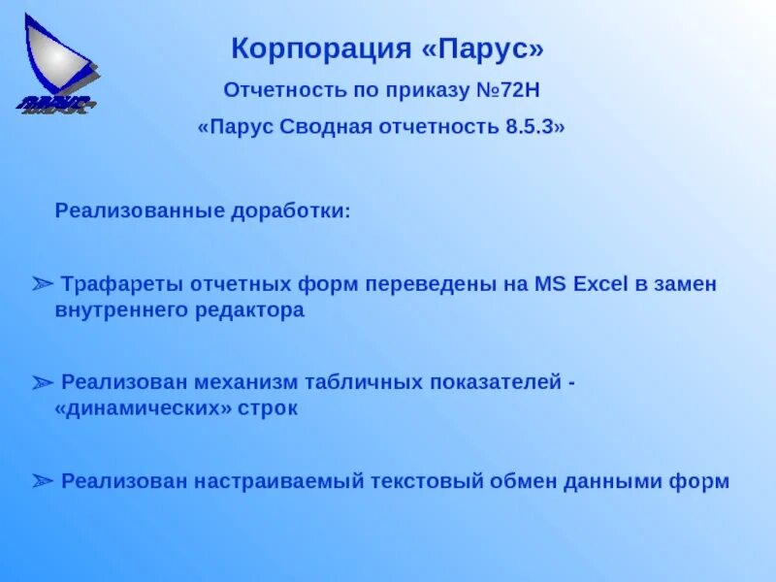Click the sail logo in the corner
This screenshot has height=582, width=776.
point(56,63)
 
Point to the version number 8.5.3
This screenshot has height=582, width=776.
point(531,128)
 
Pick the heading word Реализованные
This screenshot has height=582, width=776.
point(140,210)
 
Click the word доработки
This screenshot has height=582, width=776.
point(291,210)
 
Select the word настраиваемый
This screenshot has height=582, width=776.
point(275,481)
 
